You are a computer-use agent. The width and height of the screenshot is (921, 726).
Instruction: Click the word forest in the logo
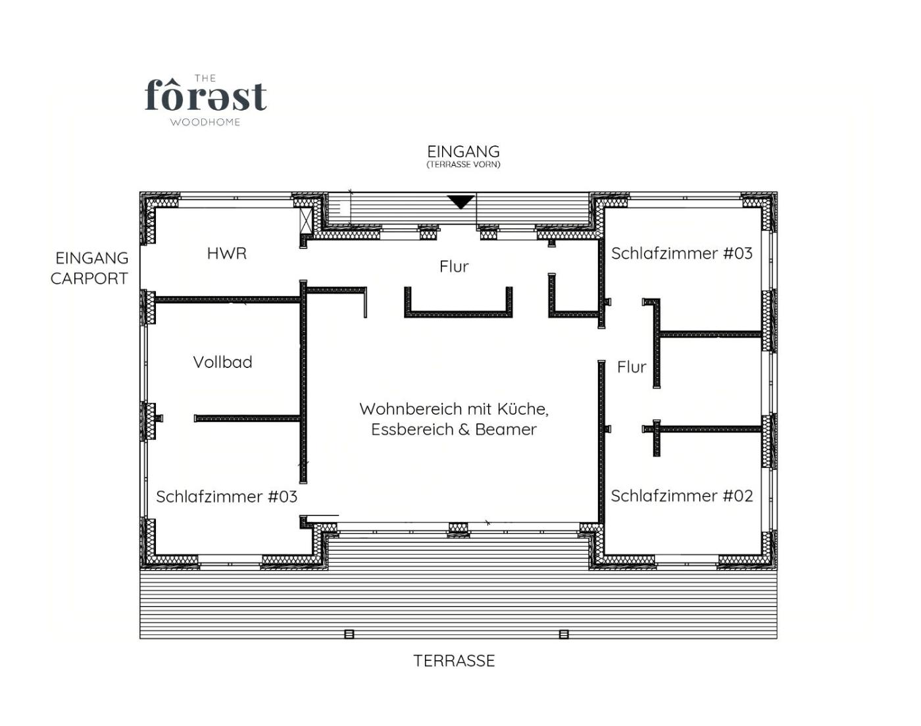(205, 95)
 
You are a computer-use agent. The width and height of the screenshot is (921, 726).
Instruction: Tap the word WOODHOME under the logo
(205, 122)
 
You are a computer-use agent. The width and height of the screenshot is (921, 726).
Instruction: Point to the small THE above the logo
(205, 78)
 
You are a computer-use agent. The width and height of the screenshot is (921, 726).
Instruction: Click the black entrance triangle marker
(460, 201)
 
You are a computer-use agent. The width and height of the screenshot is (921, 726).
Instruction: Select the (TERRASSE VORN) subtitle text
(463, 165)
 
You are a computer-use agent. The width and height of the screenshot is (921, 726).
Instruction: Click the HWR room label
(227, 253)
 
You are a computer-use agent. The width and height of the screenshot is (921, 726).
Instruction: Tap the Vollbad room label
(222, 363)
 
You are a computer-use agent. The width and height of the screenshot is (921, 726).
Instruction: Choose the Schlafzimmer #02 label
(682, 496)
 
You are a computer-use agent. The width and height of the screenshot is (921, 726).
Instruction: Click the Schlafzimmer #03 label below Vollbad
(226, 497)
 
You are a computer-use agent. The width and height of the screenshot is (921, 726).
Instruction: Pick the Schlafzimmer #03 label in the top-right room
(682, 253)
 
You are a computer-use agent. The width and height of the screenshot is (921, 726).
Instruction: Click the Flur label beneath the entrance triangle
(454, 267)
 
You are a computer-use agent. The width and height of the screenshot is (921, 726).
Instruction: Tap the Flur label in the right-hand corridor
(632, 367)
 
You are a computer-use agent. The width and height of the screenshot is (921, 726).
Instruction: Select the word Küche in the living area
(522, 409)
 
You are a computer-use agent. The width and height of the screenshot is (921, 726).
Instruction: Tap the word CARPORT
(89, 279)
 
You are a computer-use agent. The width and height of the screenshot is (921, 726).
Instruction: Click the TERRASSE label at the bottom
(454, 661)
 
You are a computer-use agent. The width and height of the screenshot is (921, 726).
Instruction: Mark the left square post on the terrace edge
(349, 634)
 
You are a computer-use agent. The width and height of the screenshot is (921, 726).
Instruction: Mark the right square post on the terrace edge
(564, 634)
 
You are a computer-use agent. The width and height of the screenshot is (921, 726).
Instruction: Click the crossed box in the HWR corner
(306, 220)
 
